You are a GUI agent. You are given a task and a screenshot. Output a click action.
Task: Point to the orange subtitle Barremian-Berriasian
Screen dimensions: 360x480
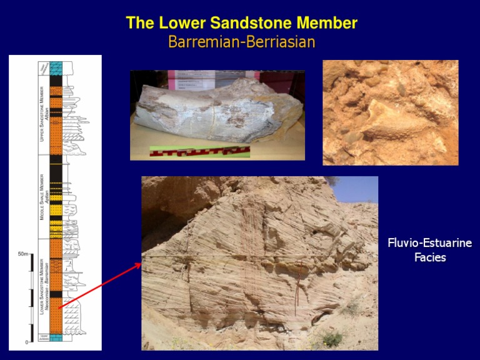pos(241,42)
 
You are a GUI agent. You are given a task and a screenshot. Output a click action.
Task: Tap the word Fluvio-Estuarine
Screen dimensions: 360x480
pos(429,243)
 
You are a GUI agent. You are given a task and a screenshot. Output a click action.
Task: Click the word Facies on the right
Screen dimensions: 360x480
pos(430,257)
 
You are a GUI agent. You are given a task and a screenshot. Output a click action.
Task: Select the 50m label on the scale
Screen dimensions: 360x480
pos(23,254)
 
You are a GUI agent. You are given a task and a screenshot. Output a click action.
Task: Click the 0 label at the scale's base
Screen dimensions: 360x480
pos(26,342)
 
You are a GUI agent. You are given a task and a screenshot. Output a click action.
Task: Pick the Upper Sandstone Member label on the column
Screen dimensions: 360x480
pos(42,113)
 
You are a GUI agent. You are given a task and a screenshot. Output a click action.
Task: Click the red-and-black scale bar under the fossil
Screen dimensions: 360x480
pos(199,151)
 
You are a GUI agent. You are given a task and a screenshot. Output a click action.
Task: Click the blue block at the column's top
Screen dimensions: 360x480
pos(56,68)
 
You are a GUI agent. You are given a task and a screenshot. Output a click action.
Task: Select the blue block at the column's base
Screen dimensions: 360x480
pos(56,337)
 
